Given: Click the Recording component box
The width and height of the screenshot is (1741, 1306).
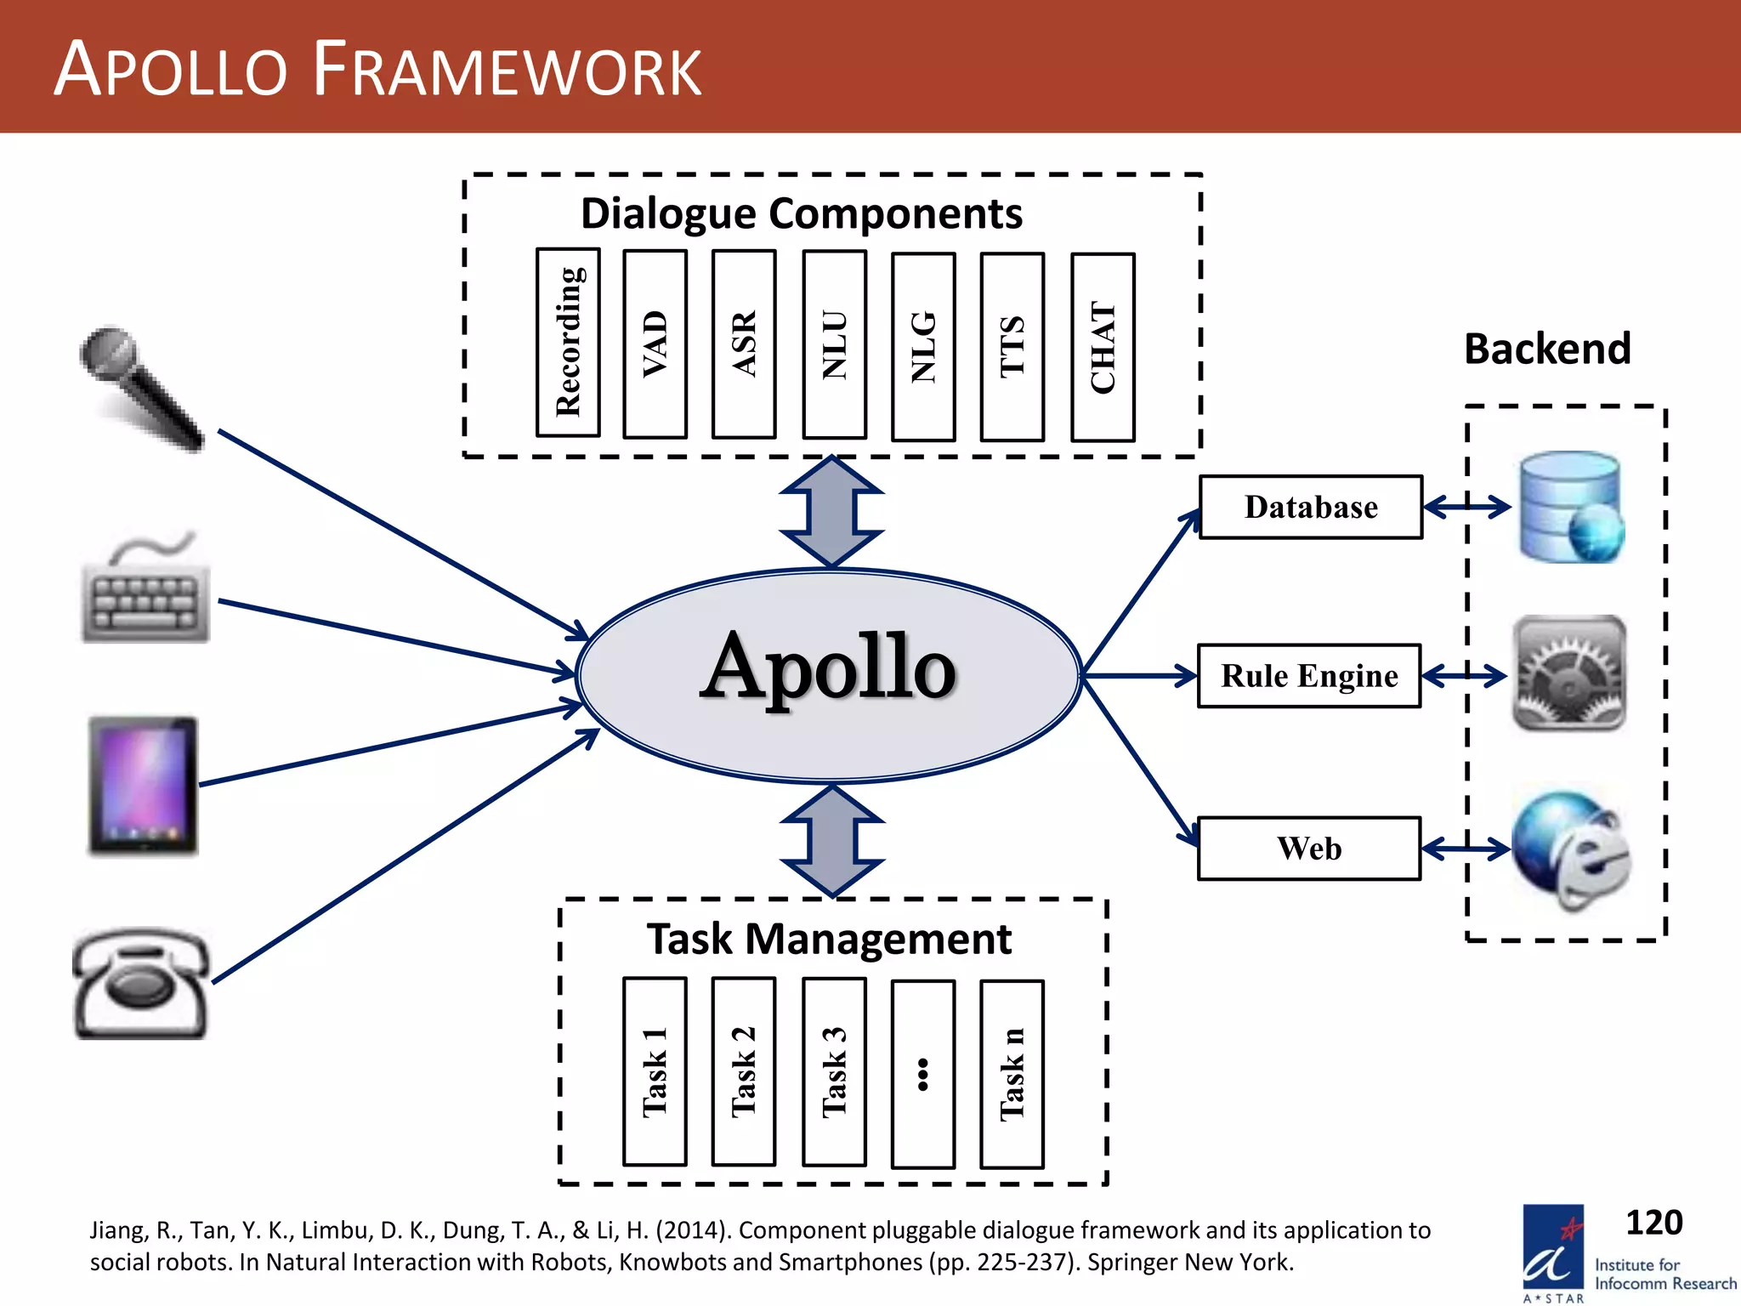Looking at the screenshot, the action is tap(568, 343).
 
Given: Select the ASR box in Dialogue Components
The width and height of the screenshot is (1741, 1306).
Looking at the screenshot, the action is tap(744, 344).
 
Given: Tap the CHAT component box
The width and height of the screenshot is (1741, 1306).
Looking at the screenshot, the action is tap(1103, 347).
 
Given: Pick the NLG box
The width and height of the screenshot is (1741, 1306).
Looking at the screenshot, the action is tap(923, 346).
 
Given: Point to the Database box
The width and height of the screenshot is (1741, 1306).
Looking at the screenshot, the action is tap(1310, 508).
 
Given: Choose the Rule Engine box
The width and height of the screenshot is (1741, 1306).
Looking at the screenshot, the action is tap(1309, 676).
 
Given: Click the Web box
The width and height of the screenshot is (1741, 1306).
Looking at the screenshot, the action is tap(1309, 849).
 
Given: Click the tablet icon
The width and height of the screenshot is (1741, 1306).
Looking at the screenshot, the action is tap(143, 786).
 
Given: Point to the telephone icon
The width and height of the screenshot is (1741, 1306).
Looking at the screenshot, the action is tap(142, 985).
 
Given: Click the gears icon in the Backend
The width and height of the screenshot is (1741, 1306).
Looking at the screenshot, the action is tap(1569, 673).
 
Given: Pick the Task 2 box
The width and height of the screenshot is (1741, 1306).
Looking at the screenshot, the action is tap(744, 1071).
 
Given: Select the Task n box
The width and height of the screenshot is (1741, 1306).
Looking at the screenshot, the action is tap(1012, 1074).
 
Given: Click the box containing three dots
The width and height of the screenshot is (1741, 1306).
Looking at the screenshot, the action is tap(923, 1074).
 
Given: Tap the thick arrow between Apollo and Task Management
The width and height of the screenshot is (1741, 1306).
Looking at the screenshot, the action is tap(832, 840).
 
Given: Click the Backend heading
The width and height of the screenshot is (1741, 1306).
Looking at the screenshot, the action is tap(1546, 349).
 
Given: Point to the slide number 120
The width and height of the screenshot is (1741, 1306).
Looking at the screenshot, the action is tap(1653, 1223).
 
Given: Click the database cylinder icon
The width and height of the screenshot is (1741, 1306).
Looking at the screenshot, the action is tap(1571, 508).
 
